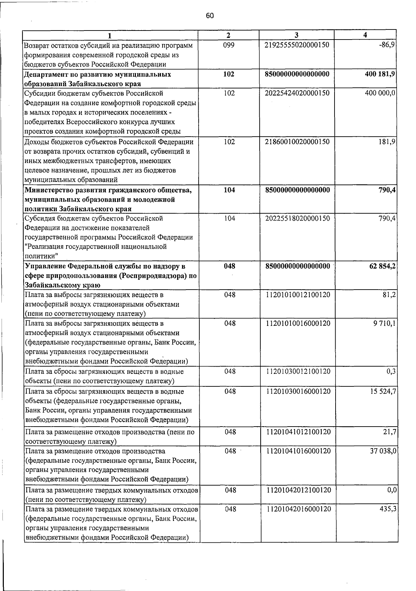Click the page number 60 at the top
210,16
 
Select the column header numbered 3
296,35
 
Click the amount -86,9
388,45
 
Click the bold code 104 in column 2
229,190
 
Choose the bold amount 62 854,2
382,266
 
